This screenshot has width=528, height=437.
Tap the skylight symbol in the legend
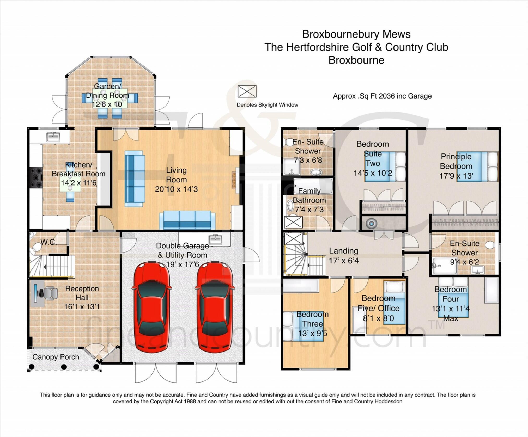coord(247,91)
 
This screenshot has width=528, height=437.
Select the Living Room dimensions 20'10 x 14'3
coord(176,189)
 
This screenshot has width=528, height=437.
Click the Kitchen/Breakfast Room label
coord(78,169)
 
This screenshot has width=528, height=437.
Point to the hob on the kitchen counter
coord(36,178)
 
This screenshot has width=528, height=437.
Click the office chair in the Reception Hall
coord(50,293)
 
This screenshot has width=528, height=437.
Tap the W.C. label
coord(48,242)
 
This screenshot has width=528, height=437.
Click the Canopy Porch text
coord(56,357)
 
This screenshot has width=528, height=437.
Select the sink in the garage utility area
coord(215,238)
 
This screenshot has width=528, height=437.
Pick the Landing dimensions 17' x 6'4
coord(344,260)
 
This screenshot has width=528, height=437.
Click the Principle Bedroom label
coord(456,161)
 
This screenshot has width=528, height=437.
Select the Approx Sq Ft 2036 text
coord(382,96)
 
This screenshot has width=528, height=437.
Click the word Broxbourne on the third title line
coord(356,60)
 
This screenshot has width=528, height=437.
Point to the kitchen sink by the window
coord(53,137)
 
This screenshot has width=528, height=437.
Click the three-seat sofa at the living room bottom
coord(187,220)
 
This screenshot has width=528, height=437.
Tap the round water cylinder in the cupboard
coord(371,223)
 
